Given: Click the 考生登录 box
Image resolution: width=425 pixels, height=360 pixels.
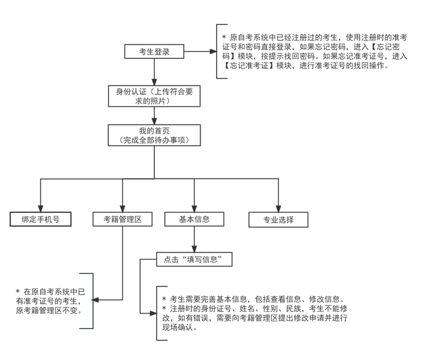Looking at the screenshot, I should coord(154,52).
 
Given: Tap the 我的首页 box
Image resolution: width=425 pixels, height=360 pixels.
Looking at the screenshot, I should coord(154,135).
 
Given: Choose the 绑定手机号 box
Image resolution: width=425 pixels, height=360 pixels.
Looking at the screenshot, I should coord(40,219).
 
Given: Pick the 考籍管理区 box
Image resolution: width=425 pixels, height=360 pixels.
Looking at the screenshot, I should coord(122,219).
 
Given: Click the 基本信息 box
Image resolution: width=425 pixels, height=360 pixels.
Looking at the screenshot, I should coord(194,219).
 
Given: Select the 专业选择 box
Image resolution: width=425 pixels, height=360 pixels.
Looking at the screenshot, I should coord(278,219).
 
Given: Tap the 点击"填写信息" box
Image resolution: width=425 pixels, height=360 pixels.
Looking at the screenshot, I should coord(194,259).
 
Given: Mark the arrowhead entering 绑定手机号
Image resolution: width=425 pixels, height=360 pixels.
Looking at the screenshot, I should coord(40,207).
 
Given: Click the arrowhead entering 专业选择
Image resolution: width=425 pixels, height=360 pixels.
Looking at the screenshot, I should coord(278,207).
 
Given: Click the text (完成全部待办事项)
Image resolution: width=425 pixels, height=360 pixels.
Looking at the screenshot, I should coord(154,140).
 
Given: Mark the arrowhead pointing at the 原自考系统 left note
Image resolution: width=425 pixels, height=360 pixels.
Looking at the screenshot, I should coord(95,300).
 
